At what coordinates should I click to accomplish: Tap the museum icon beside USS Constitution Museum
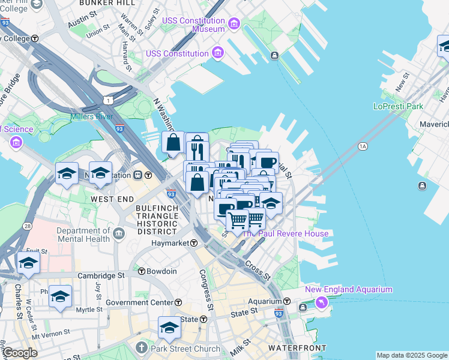(x=234, y=24)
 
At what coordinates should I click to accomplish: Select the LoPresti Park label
(x=398, y=106)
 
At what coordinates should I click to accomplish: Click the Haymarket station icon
(x=194, y=243)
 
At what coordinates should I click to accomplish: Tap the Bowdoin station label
(x=163, y=271)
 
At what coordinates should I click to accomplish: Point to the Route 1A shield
(x=362, y=146)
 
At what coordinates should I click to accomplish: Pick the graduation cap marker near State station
(x=170, y=328)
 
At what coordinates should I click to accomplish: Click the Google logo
(x=19, y=353)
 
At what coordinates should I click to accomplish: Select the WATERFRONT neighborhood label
(x=297, y=348)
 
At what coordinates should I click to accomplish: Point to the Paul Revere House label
(x=285, y=233)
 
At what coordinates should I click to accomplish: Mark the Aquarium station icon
(x=287, y=301)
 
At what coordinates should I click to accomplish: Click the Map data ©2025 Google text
(x=411, y=355)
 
